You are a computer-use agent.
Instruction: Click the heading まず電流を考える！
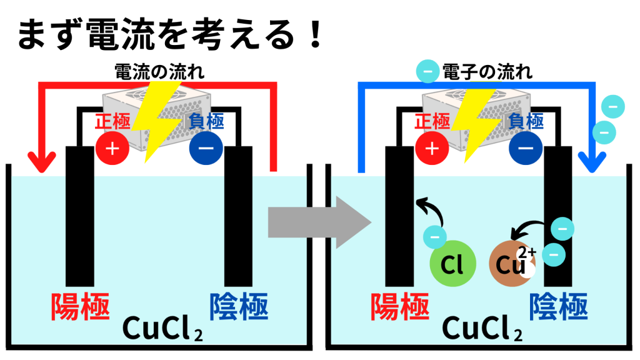point(169,34)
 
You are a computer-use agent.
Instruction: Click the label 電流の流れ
point(160,72)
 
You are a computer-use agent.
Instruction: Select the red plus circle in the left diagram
point(112,148)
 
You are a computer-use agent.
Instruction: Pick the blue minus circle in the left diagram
point(206,148)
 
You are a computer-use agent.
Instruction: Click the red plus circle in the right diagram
point(431,148)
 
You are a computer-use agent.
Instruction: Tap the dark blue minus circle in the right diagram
point(526,148)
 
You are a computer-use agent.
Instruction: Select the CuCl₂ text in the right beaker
point(482,327)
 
